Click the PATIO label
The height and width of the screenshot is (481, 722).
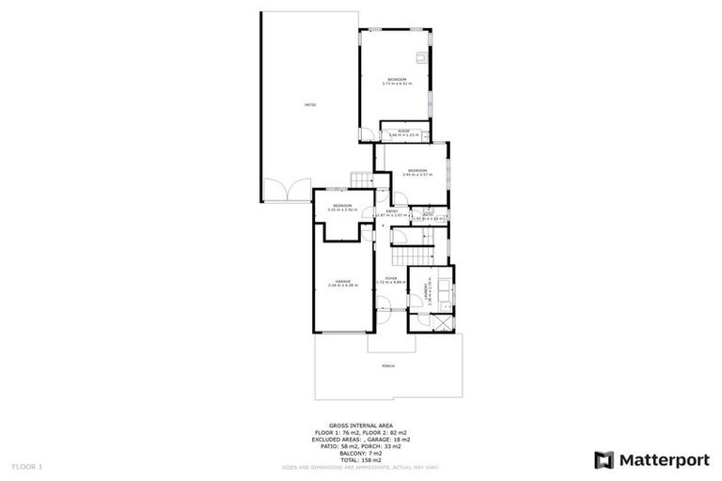tap(309, 104)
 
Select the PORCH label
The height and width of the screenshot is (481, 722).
tap(388, 365)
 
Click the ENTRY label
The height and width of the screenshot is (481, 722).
tap(391, 210)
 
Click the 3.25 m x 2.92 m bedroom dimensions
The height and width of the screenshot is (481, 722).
tap(341, 209)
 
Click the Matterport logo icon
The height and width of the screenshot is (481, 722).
tap(604, 459)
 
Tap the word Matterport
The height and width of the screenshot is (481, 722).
tap(662, 459)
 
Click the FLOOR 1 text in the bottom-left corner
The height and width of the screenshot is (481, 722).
tap(25, 466)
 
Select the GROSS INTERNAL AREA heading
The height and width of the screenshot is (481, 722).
tap(361, 425)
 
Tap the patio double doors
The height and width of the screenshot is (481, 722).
tap(286, 191)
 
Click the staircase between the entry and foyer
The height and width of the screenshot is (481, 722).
tap(415, 255)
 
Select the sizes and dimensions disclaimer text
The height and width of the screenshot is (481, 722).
tap(361, 467)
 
